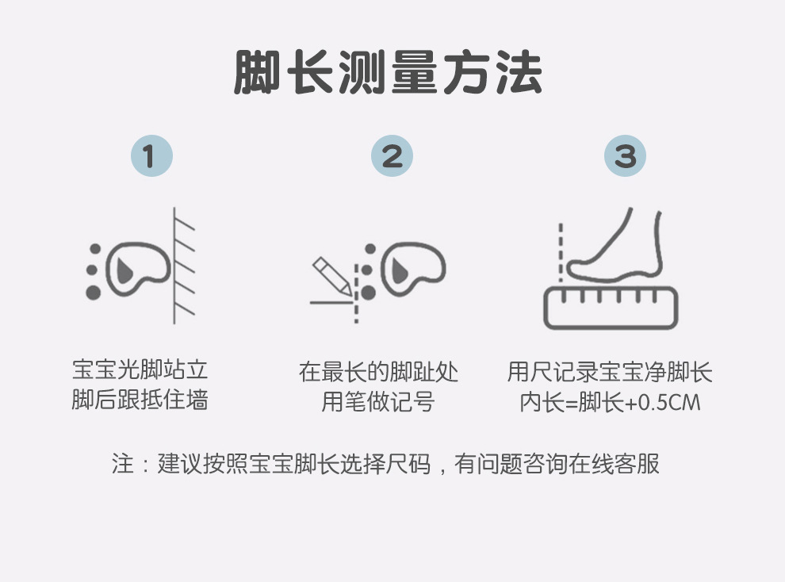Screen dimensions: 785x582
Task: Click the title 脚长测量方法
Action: pyautogui.click(x=388, y=73)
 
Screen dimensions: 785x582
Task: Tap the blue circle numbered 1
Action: pyautogui.click(x=151, y=155)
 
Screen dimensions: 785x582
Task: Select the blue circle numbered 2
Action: pyautogui.click(x=392, y=155)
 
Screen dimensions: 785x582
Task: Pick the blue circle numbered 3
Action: pyautogui.click(x=626, y=155)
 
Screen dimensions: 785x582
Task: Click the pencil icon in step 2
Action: pyautogui.click(x=331, y=276)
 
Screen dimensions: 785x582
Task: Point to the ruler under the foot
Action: pyautogui.click(x=611, y=308)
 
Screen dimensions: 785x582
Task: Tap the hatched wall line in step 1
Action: pyautogui.click(x=174, y=265)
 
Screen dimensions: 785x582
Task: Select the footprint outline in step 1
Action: pyautogui.click(x=138, y=269)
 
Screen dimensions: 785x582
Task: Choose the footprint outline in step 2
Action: pyautogui.click(x=413, y=269)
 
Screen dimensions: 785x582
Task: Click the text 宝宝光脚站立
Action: pyautogui.click(x=140, y=369)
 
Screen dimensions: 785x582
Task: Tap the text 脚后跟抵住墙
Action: pyautogui.click(x=140, y=400)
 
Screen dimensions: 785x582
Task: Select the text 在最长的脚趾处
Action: pyautogui.click(x=378, y=372)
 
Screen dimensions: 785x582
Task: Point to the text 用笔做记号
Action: pyautogui.click(x=378, y=402)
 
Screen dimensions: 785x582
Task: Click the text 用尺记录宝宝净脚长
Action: pyautogui.click(x=610, y=372)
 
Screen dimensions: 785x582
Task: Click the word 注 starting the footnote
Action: pyautogui.click(x=123, y=463)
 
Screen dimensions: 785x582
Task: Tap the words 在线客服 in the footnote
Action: pyautogui.click(x=614, y=463)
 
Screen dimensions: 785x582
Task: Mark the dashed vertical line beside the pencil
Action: pyautogui.click(x=357, y=293)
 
